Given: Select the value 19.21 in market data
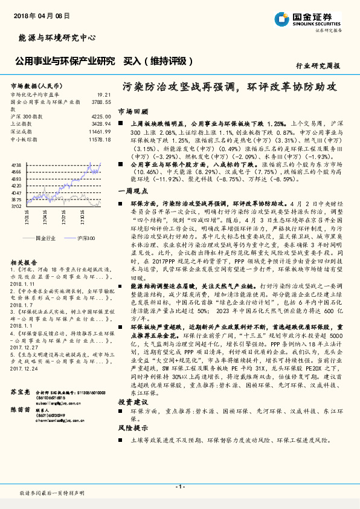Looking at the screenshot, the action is click(x=104, y=95).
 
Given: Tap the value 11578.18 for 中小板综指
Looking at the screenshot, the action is click(x=100, y=138).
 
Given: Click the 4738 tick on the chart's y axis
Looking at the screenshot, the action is click(x=16, y=164).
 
